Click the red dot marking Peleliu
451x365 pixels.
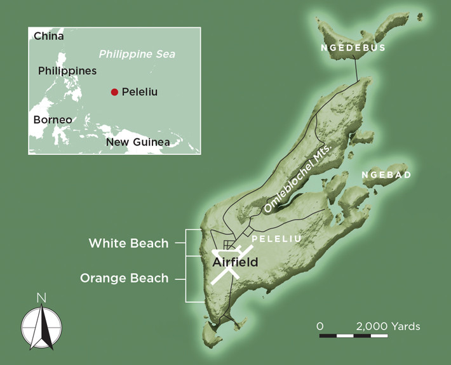click(114, 92)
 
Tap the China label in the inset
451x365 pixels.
click(49, 36)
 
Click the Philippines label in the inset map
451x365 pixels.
click(67, 70)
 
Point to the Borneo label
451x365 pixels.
click(53, 119)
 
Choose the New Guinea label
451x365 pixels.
click(138, 142)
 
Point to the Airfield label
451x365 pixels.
click(235, 261)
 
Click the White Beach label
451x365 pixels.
click(128, 243)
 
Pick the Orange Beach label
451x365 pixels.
click(124, 278)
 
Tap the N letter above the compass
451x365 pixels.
click(41, 297)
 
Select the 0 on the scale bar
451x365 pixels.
click(320, 326)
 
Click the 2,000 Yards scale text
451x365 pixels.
click(387, 326)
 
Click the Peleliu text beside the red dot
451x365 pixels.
click(139, 92)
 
